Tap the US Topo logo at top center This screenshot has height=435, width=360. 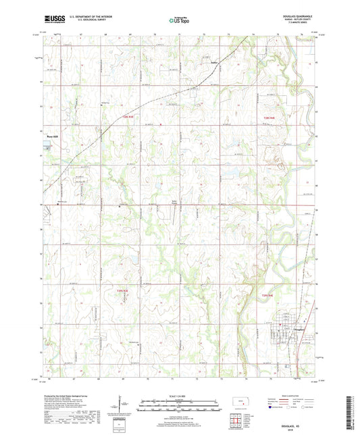[179, 21]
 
